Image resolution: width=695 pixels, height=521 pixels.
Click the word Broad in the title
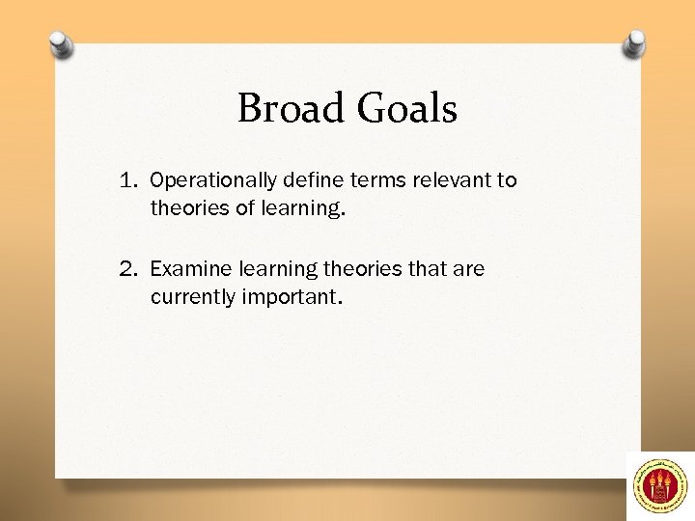[x=286, y=108]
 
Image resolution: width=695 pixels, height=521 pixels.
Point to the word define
[x=307, y=180]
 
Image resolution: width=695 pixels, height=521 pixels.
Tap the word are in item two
[x=469, y=269]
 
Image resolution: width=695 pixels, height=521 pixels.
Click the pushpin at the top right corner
[x=634, y=43]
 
